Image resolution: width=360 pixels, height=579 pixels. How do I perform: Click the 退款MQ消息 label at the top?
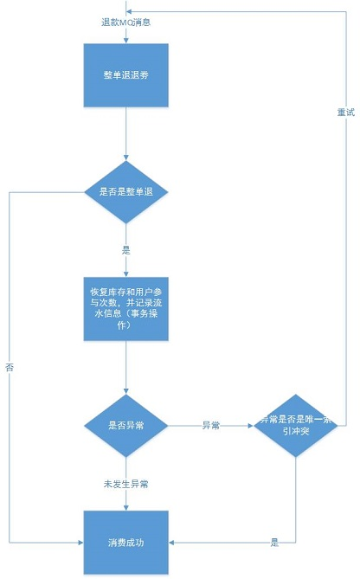(x=126, y=20)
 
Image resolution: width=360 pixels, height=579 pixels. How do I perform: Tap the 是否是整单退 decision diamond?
(x=126, y=191)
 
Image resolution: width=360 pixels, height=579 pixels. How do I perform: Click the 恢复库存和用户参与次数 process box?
(x=126, y=308)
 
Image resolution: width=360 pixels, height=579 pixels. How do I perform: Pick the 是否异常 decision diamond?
(x=126, y=426)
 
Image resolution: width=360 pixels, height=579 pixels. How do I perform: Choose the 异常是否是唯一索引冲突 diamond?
(x=295, y=426)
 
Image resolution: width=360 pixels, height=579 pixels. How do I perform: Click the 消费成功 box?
(x=126, y=542)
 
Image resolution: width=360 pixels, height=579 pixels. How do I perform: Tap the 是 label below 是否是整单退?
(x=126, y=249)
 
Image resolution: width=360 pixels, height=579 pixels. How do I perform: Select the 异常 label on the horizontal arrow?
(x=210, y=426)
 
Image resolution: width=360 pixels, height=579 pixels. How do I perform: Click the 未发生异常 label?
(x=126, y=482)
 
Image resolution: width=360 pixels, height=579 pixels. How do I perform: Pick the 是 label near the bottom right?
(x=275, y=542)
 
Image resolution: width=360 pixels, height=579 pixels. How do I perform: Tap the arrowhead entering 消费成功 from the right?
(x=174, y=542)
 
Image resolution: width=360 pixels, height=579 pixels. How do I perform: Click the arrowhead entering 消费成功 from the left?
(x=80, y=542)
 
